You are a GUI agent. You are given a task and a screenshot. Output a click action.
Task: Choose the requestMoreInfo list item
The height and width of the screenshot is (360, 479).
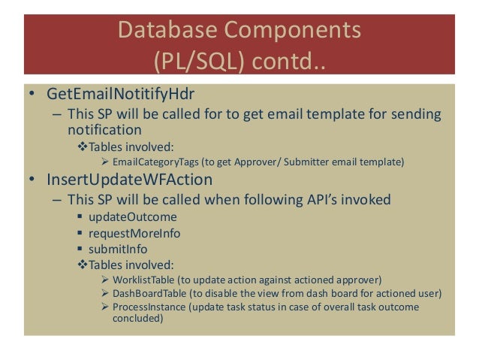134,233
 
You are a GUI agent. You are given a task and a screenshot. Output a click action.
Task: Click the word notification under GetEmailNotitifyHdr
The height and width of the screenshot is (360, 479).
104,129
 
